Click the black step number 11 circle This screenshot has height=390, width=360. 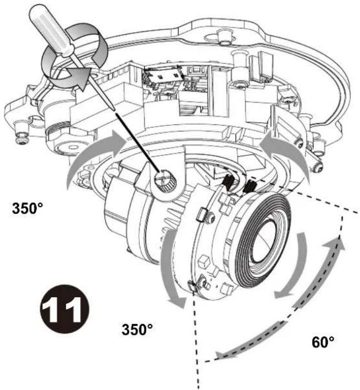(x=64, y=309)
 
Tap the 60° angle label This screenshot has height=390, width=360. (x=323, y=342)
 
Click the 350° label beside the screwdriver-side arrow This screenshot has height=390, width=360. (x=27, y=208)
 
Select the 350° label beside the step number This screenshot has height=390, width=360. (x=137, y=329)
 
